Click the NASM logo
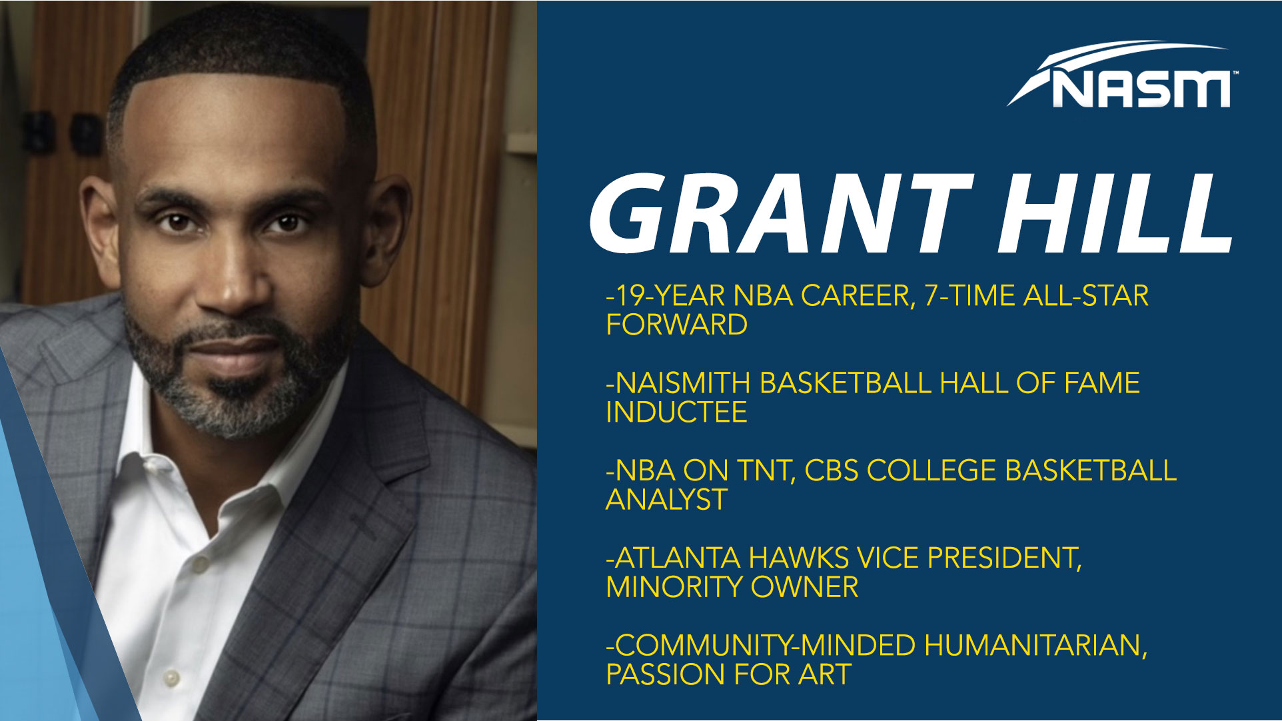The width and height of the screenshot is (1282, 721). (1121, 75)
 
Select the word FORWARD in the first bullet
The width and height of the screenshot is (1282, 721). (676, 325)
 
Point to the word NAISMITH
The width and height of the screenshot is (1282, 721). (682, 383)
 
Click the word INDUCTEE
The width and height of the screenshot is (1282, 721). (676, 412)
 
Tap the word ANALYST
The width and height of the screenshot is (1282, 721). (666, 500)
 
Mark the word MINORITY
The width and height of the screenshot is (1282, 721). (674, 587)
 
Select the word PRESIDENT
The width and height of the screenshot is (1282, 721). (1004, 558)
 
